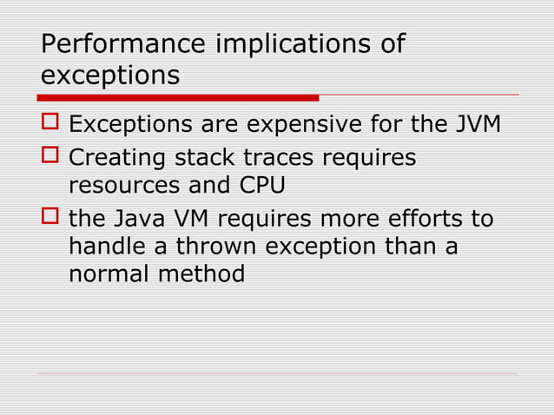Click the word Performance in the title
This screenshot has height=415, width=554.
[x=122, y=44]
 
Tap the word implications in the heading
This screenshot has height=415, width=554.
[x=290, y=44]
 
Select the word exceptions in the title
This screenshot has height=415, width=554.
[x=110, y=76]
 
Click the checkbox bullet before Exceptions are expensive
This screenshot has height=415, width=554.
[x=50, y=123]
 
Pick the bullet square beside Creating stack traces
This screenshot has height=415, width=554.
[x=50, y=159]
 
